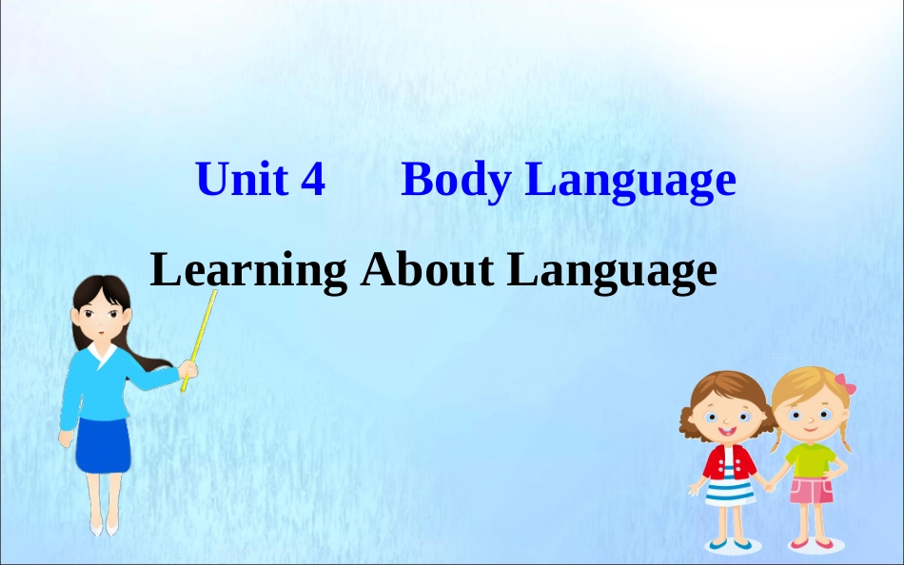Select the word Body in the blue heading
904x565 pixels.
455,181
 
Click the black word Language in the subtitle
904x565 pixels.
611,271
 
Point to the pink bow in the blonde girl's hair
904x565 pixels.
845,385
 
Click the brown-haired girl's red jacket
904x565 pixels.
729,463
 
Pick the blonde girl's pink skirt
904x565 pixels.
812,491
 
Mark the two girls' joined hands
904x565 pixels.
770,477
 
